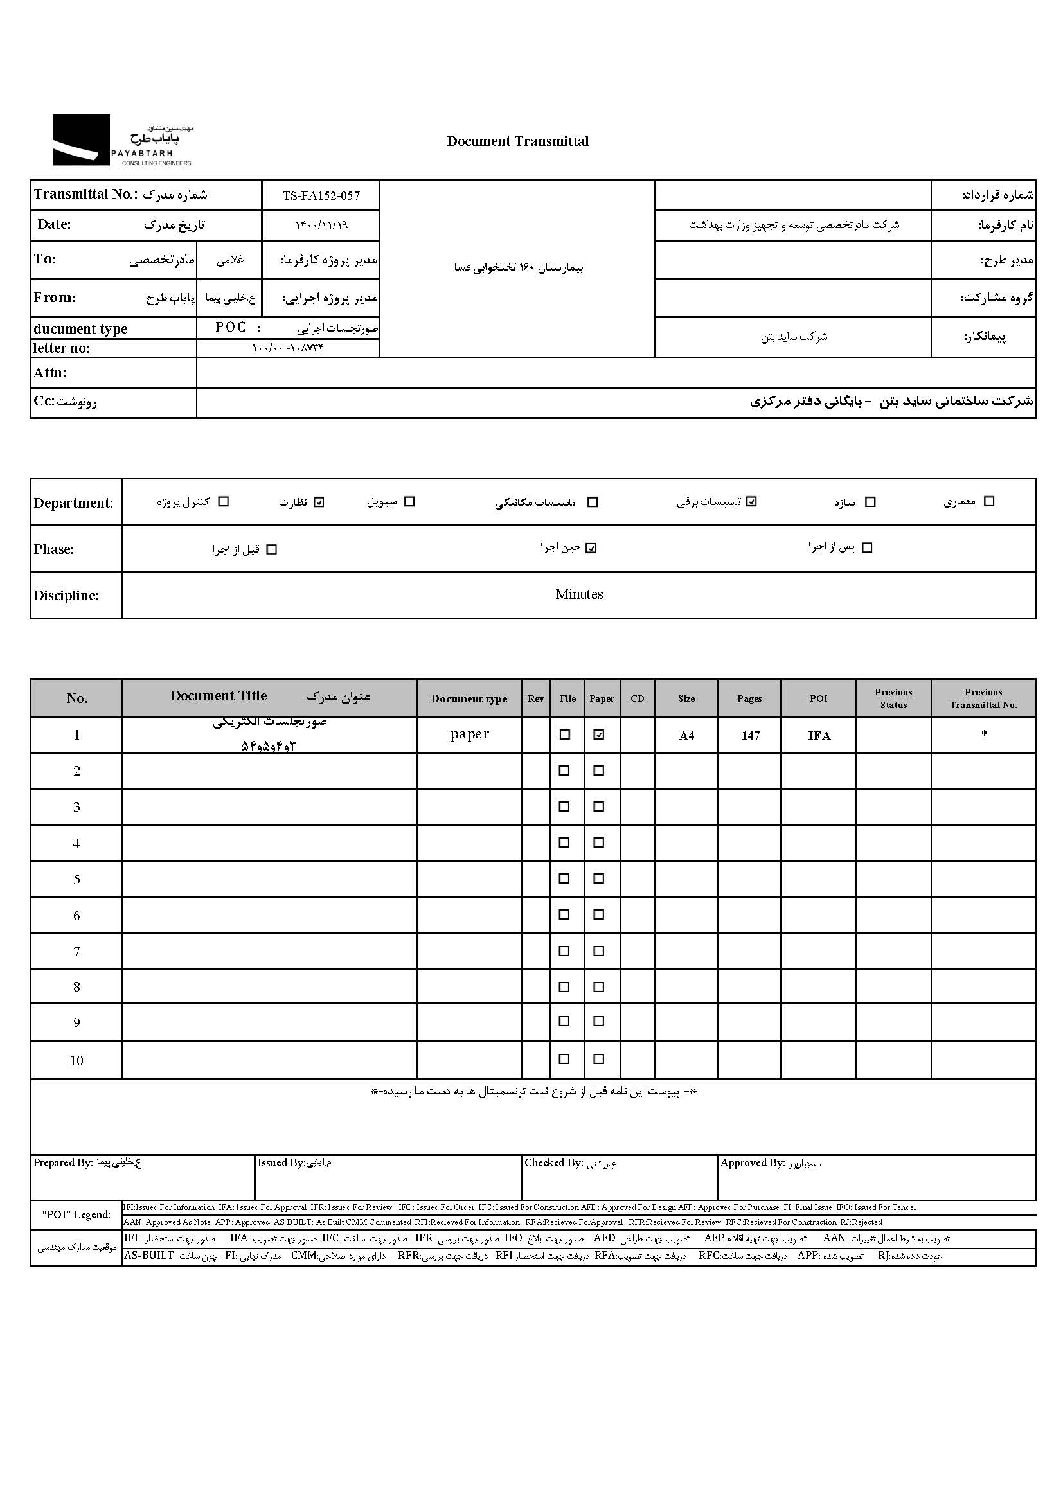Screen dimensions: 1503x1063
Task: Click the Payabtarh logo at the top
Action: click(x=122, y=139)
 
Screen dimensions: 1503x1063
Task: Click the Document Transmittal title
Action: click(x=517, y=141)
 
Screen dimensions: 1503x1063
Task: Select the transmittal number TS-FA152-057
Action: click(x=321, y=196)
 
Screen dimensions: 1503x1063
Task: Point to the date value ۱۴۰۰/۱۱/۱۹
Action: click(x=321, y=225)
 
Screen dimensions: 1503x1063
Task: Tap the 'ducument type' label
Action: click(x=80, y=328)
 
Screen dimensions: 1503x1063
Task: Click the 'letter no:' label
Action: click(x=62, y=348)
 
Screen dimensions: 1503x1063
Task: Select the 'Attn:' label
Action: click(x=49, y=373)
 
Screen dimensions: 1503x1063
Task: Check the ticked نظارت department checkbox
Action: click(x=319, y=502)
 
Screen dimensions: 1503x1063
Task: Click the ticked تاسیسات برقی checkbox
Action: click(x=751, y=501)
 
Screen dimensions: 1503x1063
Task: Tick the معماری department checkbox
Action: click(x=989, y=501)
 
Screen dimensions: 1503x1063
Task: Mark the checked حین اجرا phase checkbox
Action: click(x=591, y=548)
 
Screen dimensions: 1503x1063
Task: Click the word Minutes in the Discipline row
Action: click(x=578, y=594)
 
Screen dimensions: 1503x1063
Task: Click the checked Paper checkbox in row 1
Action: click(x=598, y=734)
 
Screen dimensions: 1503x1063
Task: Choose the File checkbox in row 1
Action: click(x=564, y=734)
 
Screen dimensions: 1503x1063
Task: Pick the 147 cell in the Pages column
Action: click(x=750, y=736)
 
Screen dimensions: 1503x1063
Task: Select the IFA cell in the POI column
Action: click(x=819, y=736)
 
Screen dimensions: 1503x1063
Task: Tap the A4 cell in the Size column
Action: click(x=686, y=736)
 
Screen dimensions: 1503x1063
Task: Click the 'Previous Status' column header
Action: click(x=893, y=698)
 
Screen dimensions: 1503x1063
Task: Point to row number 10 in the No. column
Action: click(x=76, y=1060)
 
